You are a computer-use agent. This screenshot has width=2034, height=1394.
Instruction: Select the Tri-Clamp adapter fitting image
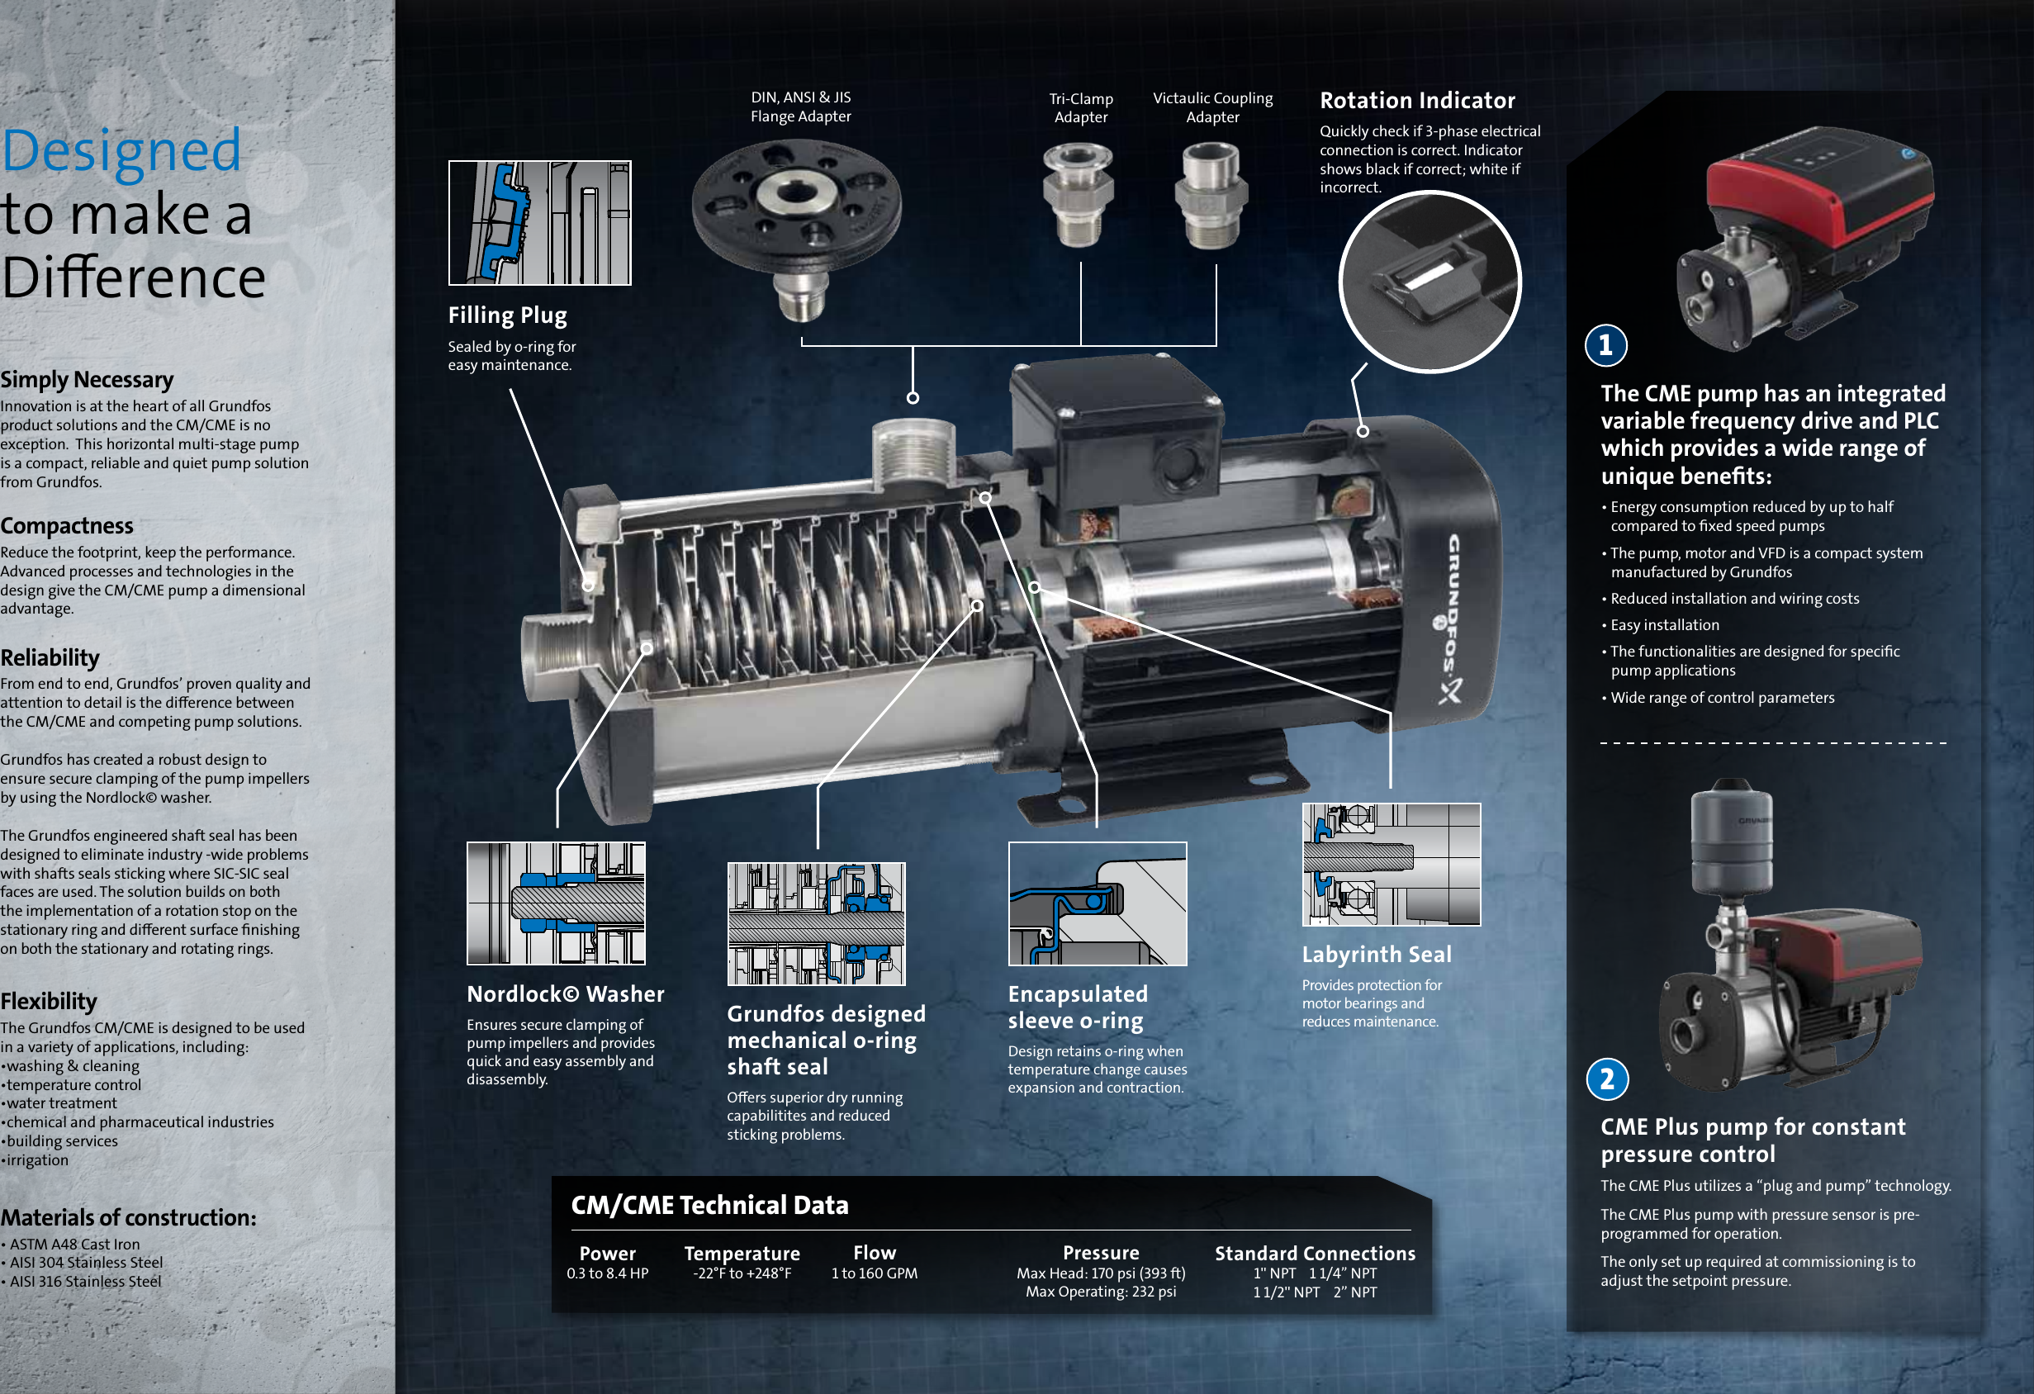(x=1079, y=195)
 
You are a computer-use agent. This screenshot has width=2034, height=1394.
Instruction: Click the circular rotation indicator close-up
(x=1429, y=282)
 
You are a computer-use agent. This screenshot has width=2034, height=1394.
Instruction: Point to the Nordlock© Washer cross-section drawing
(x=556, y=903)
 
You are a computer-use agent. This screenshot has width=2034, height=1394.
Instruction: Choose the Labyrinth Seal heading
(x=1376, y=954)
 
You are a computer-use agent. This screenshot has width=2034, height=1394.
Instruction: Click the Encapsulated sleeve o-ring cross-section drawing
(x=1097, y=904)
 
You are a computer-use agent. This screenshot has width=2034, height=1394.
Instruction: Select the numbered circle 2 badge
(x=1607, y=1079)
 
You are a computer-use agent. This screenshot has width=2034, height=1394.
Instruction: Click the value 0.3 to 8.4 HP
(x=608, y=1273)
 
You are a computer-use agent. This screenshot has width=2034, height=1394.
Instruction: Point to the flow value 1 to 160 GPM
(x=875, y=1273)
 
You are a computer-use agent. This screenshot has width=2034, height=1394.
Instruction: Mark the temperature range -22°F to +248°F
(x=742, y=1273)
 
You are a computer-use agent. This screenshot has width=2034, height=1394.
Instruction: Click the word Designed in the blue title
(x=121, y=150)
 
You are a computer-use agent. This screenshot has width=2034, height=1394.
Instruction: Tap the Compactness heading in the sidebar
(x=67, y=526)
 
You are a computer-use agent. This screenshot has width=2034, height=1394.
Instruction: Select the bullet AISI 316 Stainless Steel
(x=85, y=1281)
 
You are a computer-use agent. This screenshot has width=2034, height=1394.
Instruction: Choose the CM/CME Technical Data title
(x=709, y=1205)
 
